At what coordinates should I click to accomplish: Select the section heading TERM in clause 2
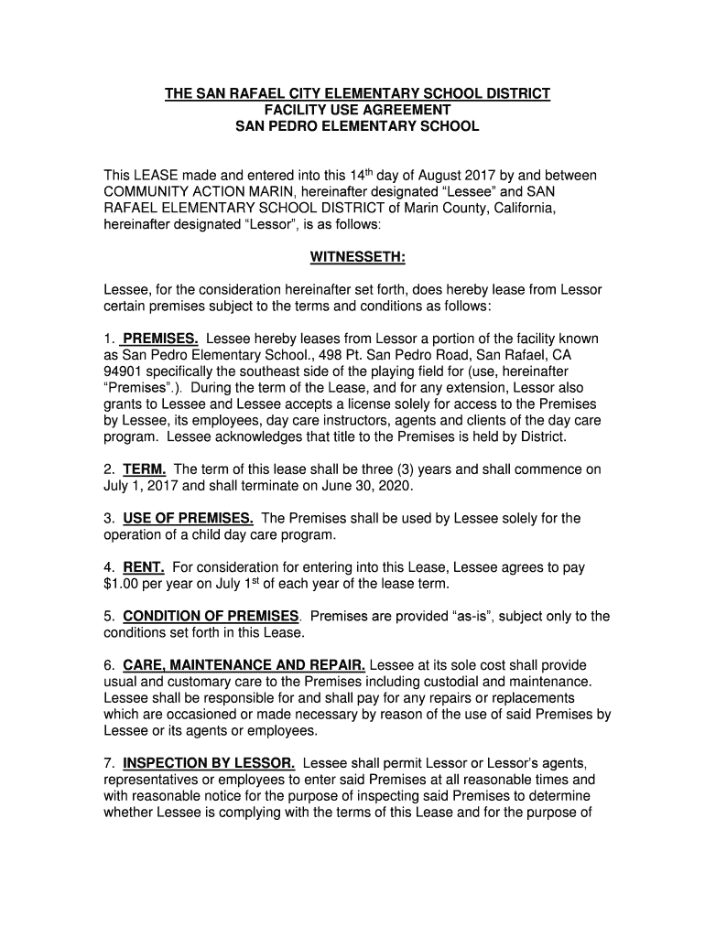[144, 469]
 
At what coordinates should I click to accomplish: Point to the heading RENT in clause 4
[144, 567]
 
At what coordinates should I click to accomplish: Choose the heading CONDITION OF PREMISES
[211, 616]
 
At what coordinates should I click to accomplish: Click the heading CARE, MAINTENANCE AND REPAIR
[244, 664]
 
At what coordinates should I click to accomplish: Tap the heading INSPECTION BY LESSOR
[209, 762]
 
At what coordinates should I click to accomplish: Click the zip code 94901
[124, 372]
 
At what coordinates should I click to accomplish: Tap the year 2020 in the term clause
[396, 486]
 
